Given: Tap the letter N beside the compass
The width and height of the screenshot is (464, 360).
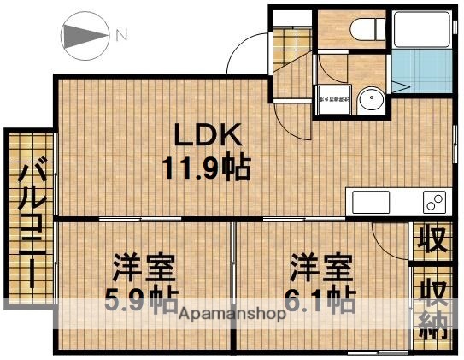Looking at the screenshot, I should pos(120,36).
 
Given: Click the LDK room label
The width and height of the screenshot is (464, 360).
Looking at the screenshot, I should pos(209,134).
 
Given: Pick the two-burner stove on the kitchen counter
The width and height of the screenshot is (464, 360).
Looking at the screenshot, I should pos(431,203).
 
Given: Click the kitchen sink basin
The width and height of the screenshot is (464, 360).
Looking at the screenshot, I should pos(369,203).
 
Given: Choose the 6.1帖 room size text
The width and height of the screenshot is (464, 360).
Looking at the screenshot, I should pos(320,299).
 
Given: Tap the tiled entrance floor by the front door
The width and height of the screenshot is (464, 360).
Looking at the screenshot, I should pos(291,56).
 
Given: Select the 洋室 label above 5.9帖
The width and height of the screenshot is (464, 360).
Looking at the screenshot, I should pos(143,268).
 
